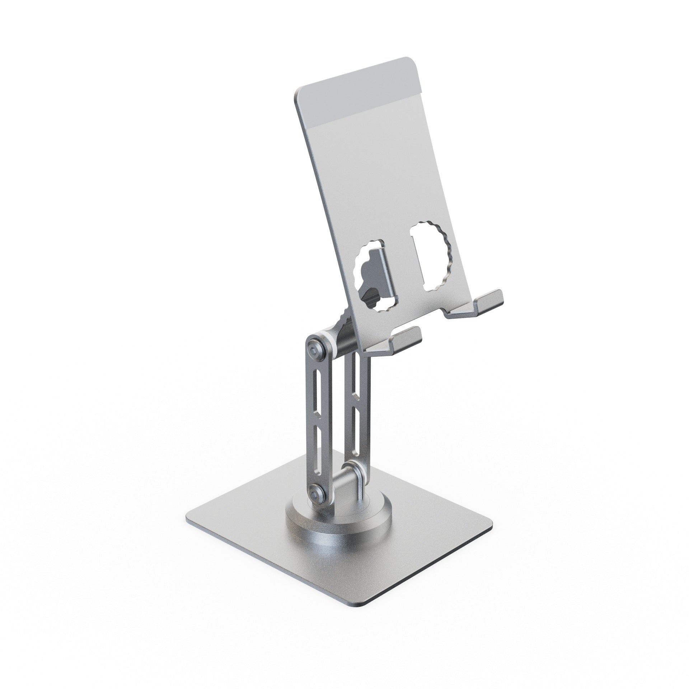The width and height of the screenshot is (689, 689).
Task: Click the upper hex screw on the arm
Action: click(x=315, y=346)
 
